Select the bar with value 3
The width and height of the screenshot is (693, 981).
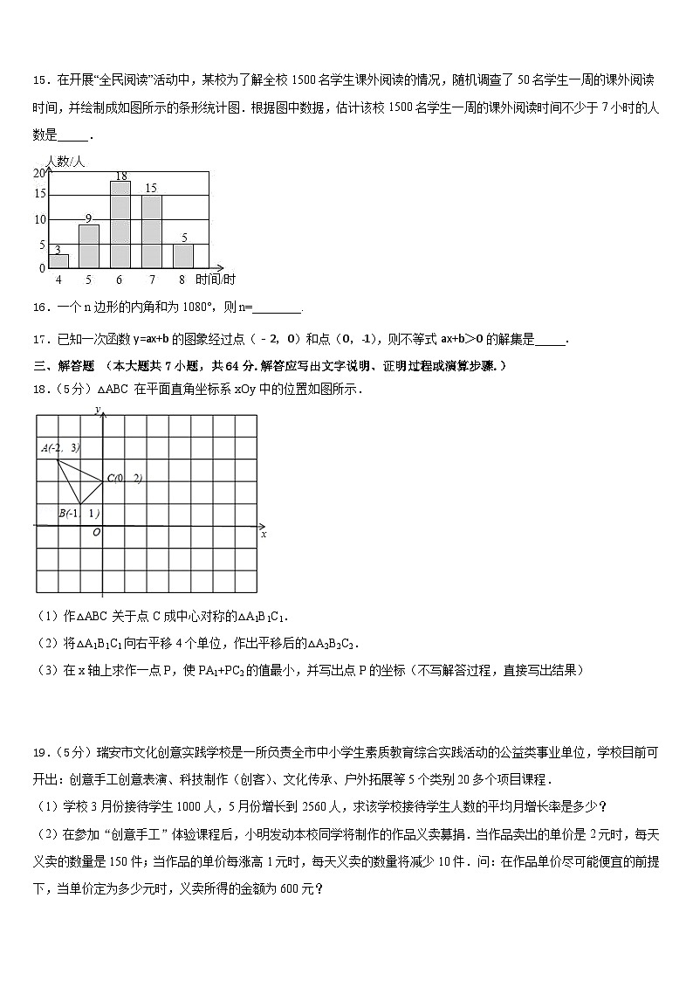pyautogui.click(x=58, y=260)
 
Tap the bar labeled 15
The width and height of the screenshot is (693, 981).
pyautogui.click(x=151, y=231)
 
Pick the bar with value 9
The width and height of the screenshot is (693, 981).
pyautogui.click(x=89, y=245)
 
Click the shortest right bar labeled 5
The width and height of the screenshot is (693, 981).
pyautogui.click(x=182, y=255)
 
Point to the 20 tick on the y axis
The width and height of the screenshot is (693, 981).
pyautogui.click(x=38, y=173)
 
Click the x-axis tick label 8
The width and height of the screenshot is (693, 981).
pyautogui.click(x=182, y=280)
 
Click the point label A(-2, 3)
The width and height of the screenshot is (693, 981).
pyautogui.click(x=60, y=448)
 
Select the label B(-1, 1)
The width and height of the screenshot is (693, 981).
pyautogui.click(x=79, y=513)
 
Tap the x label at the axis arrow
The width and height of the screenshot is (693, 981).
pyautogui.click(x=263, y=534)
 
